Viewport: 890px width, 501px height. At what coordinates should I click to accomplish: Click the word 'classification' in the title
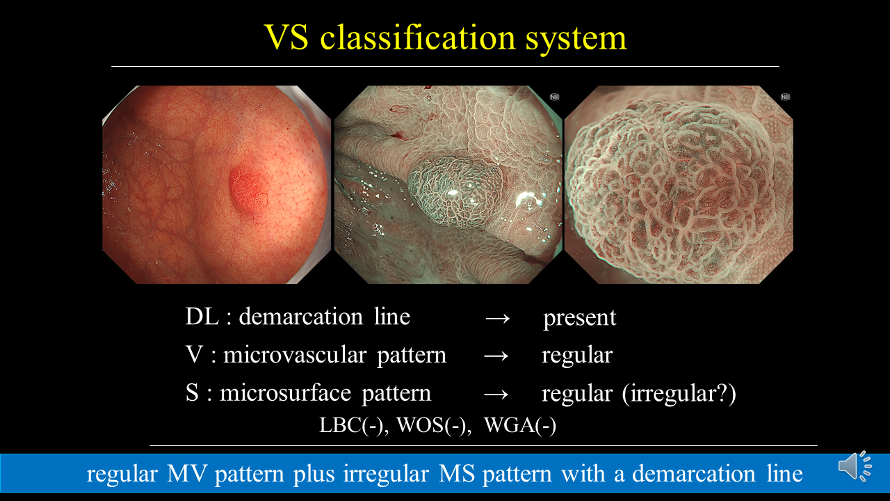418,38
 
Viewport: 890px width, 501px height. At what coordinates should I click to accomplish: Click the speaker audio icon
855,466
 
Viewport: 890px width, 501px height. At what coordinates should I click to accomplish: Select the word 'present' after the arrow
580,318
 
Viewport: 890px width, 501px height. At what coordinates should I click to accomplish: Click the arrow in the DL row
497,318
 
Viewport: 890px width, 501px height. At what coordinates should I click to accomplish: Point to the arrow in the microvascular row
496,356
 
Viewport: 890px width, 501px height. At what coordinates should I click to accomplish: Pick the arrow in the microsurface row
496,394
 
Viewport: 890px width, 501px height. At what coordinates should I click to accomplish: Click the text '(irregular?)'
679,394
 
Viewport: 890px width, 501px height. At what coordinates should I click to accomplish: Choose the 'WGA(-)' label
520,425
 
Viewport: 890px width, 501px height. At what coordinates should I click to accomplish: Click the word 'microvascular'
295,354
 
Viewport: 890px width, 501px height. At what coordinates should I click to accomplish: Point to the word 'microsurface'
286,393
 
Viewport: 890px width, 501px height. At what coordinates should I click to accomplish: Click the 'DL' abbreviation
202,317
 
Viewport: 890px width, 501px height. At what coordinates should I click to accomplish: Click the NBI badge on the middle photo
554,97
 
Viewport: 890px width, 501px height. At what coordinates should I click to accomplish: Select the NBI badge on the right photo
785,97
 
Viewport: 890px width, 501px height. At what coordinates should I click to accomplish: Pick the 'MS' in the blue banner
457,474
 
